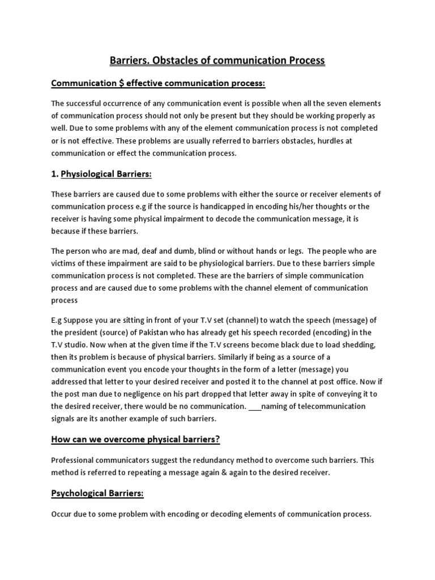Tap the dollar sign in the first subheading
(x=122, y=84)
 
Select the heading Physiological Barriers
(x=106, y=174)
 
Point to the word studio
(x=83, y=344)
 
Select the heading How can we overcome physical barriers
(x=135, y=438)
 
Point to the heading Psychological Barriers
(x=97, y=493)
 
